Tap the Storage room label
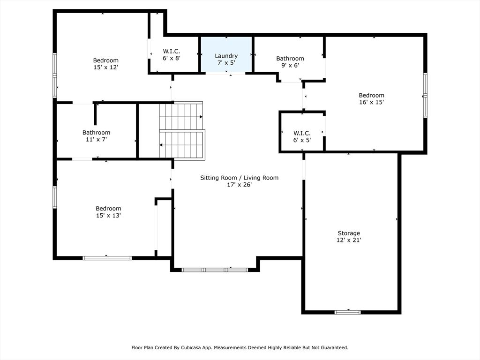point(349,233)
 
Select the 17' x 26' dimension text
point(239,185)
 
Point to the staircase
point(181,131)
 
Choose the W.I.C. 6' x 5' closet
point(302,136)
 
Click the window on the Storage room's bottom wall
point(348,312)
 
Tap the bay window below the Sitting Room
point(215,270)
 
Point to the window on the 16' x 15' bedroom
point(425,95)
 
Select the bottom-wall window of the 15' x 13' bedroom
point(107,257)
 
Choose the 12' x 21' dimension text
point(349,240)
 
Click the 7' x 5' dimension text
point(226,62)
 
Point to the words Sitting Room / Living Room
point(239,178)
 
